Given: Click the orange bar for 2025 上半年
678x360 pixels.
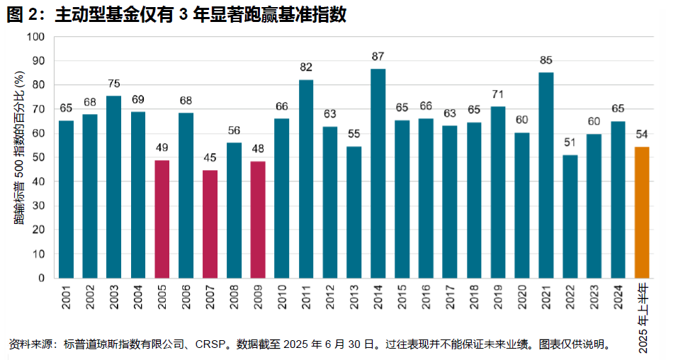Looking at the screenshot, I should [642, 213].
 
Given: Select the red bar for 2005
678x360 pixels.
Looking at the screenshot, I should [162, 219].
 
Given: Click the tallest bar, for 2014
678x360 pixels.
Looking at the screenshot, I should [378, 173].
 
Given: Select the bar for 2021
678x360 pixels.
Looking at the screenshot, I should [546, 175].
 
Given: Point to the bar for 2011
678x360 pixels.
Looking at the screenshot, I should [306, 179].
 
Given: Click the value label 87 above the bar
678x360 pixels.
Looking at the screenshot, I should [378, 55].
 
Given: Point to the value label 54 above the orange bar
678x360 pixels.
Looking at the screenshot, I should [642, 134].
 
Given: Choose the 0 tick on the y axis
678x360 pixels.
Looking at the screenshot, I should [43, 278].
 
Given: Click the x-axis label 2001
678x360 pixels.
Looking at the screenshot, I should [66, 296].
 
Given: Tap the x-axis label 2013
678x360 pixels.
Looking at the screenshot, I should [354, 296].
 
